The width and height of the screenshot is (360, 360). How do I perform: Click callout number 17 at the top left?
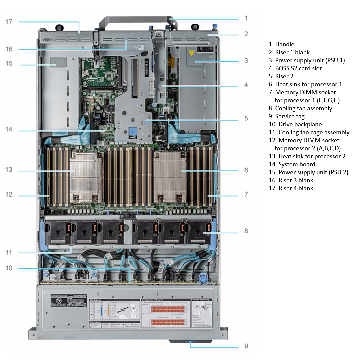tap(9, 22)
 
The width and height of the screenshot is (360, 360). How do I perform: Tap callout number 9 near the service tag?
tap(246, 346)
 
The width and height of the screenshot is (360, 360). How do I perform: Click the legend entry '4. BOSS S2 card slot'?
tap(295, 68)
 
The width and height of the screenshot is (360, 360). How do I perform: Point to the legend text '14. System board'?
tap(292, 164)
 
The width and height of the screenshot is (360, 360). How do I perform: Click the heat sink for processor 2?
tap(86, 177)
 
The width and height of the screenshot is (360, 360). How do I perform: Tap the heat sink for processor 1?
tap(170, 177)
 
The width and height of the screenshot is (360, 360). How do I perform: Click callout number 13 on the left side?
tap(9, 170)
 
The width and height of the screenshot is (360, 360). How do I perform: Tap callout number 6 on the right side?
tap(246, 170)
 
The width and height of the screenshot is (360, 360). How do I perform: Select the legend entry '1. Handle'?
tap(281, 44)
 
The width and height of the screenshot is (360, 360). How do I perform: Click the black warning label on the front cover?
tap(69, 300)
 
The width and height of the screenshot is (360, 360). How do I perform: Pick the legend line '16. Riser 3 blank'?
tap(291, 180)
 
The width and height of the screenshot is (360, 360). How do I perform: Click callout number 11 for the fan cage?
tap(9, 253)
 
